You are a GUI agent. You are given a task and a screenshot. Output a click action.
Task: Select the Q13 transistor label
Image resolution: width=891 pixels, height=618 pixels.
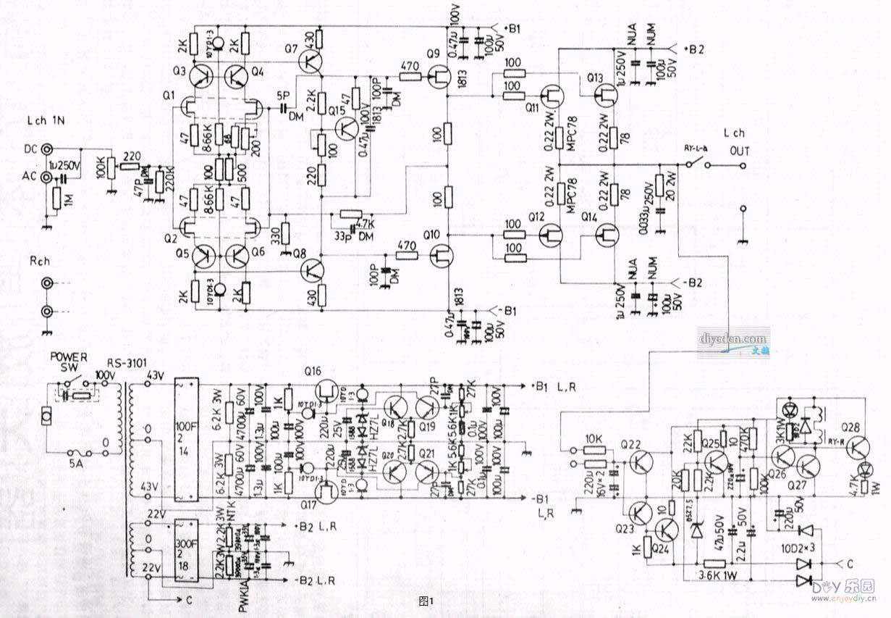595,78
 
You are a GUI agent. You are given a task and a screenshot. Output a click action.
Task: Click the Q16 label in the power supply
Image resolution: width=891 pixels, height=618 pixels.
313,371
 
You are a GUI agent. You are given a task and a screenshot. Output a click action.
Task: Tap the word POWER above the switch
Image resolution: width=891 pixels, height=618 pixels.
67,356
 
